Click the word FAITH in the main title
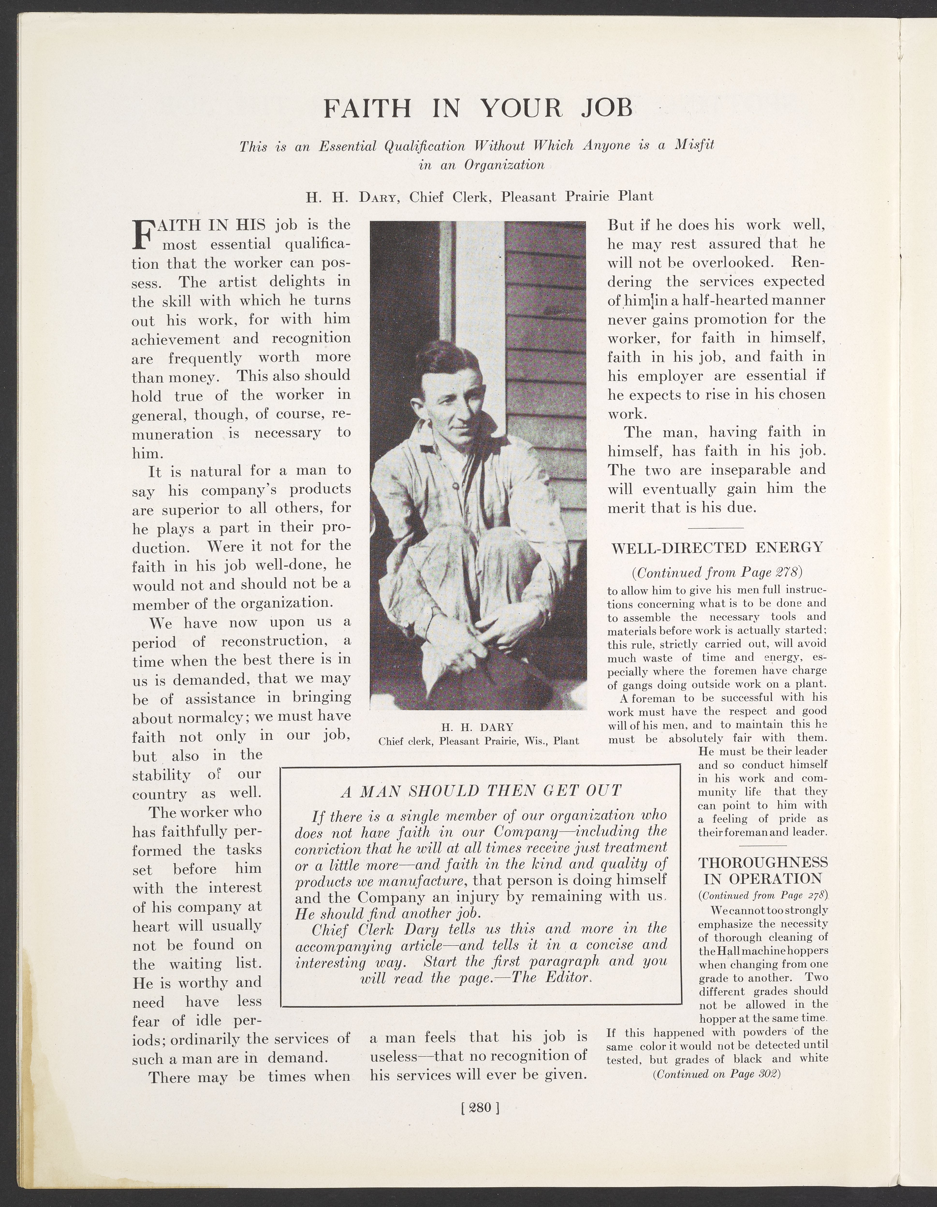click(367, 108)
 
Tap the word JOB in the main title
click(607, 108)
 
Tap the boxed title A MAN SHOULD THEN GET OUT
click(481, 791)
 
